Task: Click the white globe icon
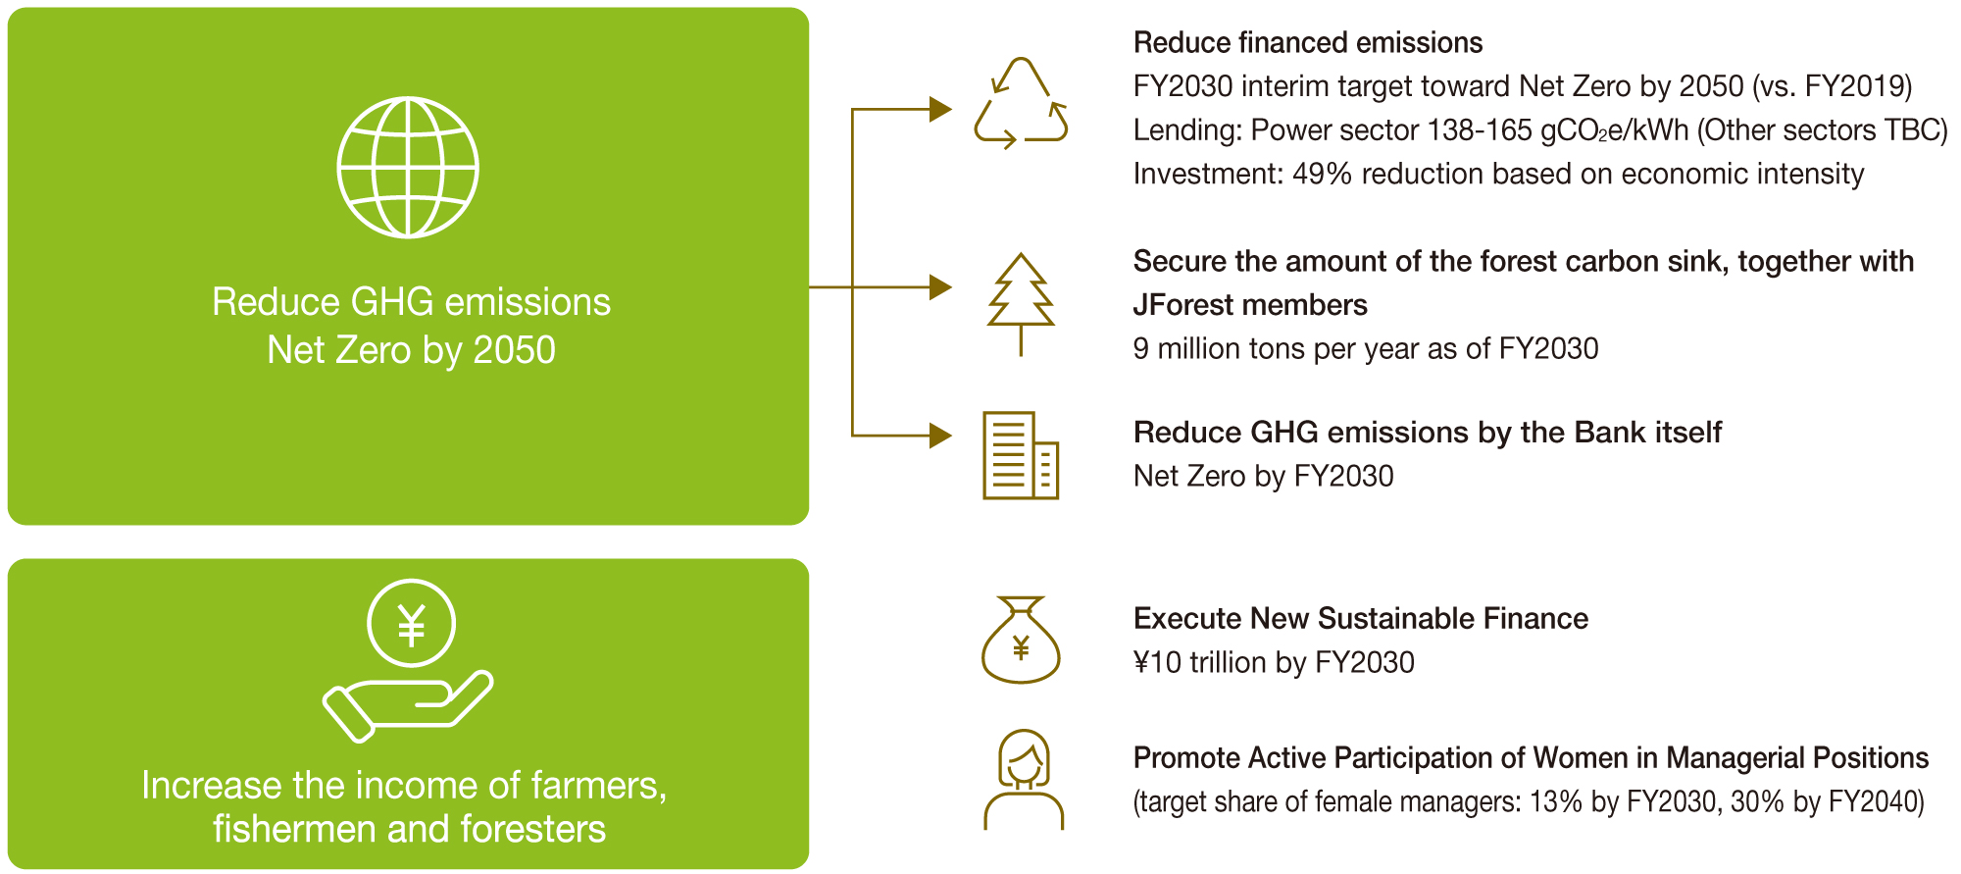point(408,167)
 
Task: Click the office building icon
point(1021,455)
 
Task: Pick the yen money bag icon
point(1021,640)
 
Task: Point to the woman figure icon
point(1024,780)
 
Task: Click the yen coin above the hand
point(411,623)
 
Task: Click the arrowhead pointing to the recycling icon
point(940,109)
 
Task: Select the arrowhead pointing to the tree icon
point(940,287)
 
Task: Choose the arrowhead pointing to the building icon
point(940,435)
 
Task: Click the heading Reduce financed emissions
point(1307,43)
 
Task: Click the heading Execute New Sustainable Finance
point(1360,619)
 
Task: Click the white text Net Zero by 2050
point(411,350)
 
